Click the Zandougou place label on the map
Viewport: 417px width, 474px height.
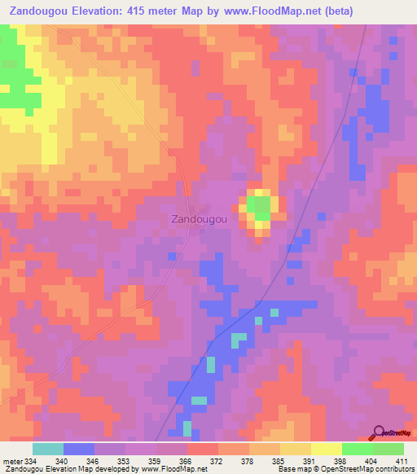pyautogui.click(x=197, y=219)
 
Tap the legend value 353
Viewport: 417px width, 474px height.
pyautogui.click(x=125, y=460)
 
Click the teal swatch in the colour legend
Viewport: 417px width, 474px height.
pyautogui.click(x=48, y=449)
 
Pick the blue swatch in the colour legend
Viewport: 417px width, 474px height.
pyautogui.click(x=79, y=449)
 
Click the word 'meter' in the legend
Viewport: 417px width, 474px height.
pyautogui.click(x=14, y=460)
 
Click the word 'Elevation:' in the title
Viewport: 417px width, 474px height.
pyautogui.click(x=107, y=11)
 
